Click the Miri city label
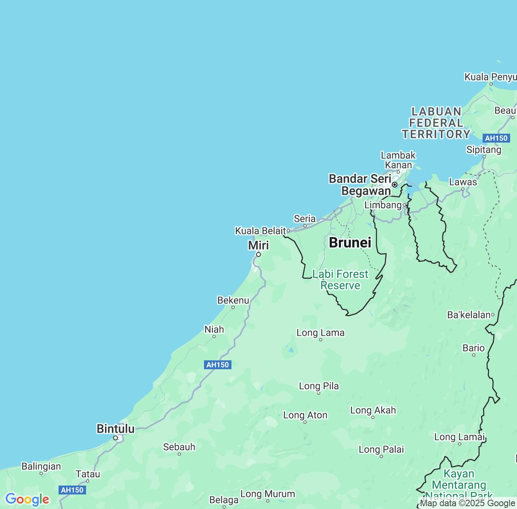click(x=258, y=245)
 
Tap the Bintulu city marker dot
click(x=116, y=438)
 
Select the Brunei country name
click(x=350, y=242)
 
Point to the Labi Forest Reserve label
click(x=340, y=280)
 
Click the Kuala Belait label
click(x=260, y=231)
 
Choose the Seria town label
click(x=305, y=219)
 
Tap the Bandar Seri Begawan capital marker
click(x=395, y=185)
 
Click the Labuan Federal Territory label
click(x=436, y=123)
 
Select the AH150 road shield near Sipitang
click(x=496, y=138)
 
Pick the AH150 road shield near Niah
click(x=218, y=365)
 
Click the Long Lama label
click(x=320, y=333)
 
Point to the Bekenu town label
click(x=233, y=300)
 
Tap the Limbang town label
click(x=383, y=205)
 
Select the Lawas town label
click(x=463, y=182)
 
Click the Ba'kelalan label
click(x=469, y=315)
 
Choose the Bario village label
click(x=473, y=348)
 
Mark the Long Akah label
click(x=373, y=410)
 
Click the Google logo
click(x=27, y=499)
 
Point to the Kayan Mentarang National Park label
click(x=459, y=484)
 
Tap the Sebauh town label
click(x=179, y=447)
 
